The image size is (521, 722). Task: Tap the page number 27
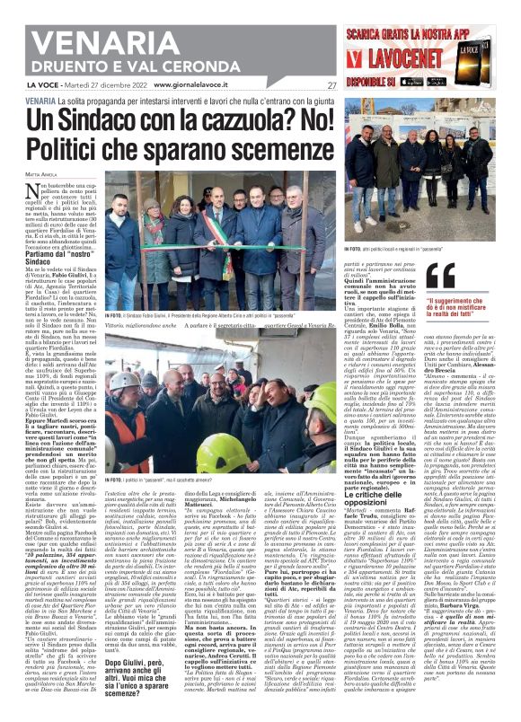coord(331,86)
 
